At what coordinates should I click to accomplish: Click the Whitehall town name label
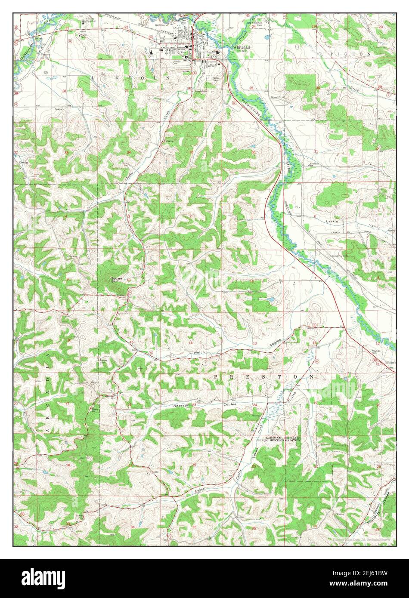[240, 46]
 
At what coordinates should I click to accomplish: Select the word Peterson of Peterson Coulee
[181, 405]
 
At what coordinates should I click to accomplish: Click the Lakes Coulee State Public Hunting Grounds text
[283, 439]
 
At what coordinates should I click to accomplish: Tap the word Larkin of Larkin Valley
[332, 221]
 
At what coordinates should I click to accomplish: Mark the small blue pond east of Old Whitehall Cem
[268, 37]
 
